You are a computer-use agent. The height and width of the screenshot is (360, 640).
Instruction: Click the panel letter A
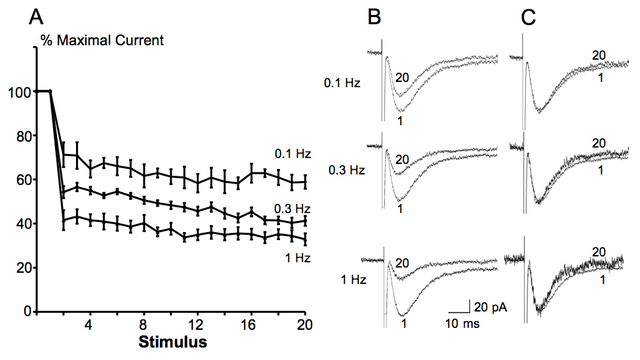(36, 18)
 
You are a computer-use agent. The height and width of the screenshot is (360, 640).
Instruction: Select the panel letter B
(374, 18)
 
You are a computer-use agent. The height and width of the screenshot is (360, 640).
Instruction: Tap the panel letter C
(529, 18)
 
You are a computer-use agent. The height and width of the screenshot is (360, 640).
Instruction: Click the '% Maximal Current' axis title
(102, 41)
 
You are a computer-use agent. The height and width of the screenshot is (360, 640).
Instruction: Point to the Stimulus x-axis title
(172, 342)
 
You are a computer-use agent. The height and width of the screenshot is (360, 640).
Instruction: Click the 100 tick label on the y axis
(20, 92)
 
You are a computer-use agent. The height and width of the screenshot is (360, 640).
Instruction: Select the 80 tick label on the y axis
(24, 136)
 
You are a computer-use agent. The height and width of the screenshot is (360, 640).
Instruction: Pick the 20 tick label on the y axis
(24, 268)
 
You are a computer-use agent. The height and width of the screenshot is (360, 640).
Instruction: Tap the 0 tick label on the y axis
(28, 312)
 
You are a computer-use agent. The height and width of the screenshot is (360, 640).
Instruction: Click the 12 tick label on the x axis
(196, 325)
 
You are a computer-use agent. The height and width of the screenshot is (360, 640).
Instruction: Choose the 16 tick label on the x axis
(248, 325)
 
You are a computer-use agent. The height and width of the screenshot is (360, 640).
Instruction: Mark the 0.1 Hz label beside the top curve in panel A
(292, 154)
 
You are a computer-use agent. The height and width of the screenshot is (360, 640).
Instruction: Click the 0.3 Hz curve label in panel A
(292, 209)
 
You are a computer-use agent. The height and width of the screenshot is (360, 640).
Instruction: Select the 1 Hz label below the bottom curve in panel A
(298, 258)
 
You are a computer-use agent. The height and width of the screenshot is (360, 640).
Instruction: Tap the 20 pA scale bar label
(490, 307)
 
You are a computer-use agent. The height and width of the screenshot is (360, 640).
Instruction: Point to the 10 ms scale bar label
(462, 324)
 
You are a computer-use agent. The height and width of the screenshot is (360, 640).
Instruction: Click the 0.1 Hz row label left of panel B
(342, 83)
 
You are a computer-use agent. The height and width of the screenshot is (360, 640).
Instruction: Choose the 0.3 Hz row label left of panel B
(346, 170)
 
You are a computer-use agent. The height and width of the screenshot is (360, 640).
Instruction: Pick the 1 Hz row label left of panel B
(353, 279)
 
